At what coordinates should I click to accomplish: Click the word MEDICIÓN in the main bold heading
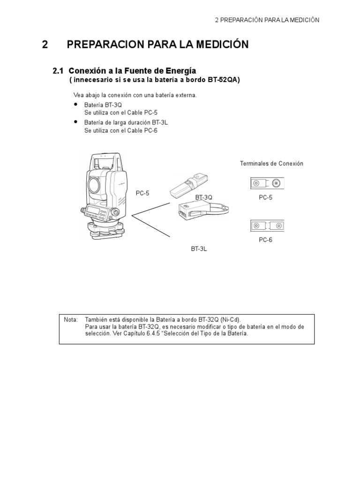point(220,45)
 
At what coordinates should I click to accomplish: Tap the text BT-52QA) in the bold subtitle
point(222,80)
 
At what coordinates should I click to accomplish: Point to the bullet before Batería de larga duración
point(76,121)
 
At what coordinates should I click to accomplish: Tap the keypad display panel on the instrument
point(94,210)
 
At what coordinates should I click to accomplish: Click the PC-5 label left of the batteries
point(142,193)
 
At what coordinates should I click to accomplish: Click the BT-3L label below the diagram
point(198,249)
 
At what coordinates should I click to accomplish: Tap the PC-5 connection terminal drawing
point(267,183)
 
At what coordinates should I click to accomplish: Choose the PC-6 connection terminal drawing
point(267,226)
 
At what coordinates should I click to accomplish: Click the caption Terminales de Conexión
point(271,164)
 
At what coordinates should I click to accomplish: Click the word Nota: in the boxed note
point(70,319)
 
